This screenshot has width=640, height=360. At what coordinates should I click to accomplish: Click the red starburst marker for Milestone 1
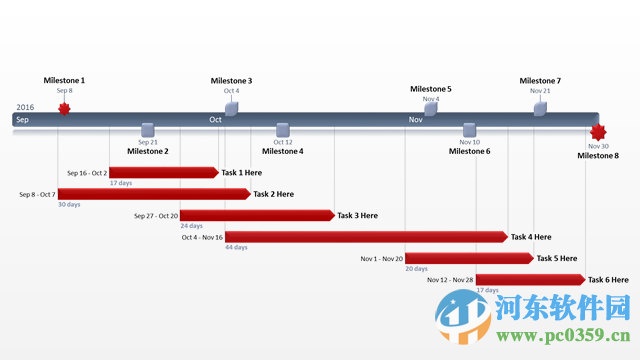click(64, 108)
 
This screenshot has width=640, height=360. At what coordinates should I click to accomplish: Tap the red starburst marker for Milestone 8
click(598, 132)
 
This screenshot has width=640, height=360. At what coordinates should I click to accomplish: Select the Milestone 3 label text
click(231, 81)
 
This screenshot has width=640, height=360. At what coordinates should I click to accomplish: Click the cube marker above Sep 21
click(148, 129)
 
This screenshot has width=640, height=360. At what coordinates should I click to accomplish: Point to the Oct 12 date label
click(282, 142)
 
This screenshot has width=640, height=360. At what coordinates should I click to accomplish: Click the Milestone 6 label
click(469, 152)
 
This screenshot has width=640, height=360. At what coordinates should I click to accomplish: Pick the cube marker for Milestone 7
click(540, 108)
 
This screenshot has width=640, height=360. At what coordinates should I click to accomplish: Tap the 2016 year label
click(25, 107)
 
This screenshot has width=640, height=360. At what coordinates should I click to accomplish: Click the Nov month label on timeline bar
click(415, 119)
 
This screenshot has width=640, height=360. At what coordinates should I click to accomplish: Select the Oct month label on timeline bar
click(215, 119)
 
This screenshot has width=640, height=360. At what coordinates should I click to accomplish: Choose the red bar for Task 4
click(366, 237)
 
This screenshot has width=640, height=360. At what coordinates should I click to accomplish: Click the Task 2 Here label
click(273, 194)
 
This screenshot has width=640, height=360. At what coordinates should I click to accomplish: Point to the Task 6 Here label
click(608, 280)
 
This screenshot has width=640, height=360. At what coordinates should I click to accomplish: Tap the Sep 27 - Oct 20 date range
click(156, 215)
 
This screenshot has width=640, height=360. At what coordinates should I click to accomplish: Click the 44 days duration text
click(236, 247)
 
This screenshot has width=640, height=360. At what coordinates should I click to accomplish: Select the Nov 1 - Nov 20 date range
click(382, 258)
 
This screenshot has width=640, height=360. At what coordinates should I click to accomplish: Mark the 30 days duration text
click(69, 204)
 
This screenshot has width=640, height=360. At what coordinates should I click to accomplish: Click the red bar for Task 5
click(468, 258)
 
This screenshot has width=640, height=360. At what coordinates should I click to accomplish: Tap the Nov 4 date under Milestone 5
click(430, 99)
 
